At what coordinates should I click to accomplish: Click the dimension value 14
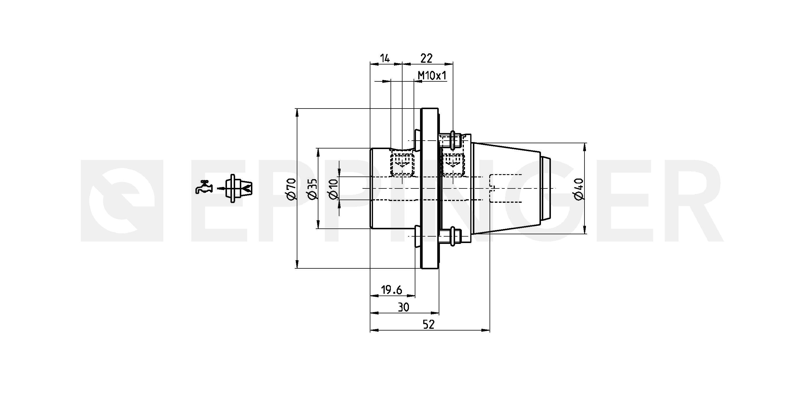pos(385,58)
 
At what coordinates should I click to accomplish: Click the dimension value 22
pos(426,58)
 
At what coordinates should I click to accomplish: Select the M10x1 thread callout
pos(432,76)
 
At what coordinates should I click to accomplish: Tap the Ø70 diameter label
pos(291,188)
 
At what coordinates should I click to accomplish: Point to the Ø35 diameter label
pos(312,188)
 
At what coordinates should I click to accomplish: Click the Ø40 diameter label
pos(579,189)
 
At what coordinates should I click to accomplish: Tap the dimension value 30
pos(403,307)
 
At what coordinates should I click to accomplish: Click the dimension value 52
pos(428,325)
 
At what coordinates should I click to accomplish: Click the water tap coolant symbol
pos(203,187)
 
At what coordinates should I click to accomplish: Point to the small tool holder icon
pos(238,188)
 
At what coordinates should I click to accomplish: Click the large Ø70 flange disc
pos(430,188)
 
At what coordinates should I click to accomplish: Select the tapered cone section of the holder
pos(506,188)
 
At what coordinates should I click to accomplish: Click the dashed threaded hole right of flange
pos(453,165)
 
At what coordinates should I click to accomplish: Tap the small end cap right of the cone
pos(546,188)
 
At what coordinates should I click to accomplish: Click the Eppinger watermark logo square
pos(122,201)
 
